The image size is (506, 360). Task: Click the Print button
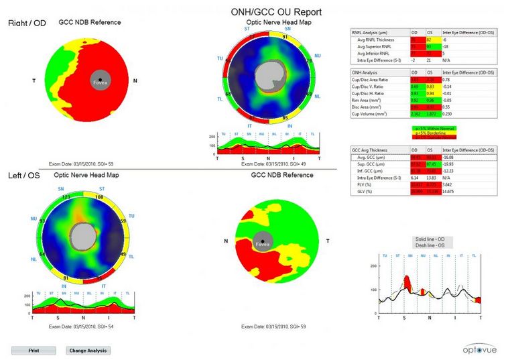pos(34,350)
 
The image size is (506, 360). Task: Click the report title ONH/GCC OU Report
pos(275,12)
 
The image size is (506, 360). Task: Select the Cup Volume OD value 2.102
pos(416,115)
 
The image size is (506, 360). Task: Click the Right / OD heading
pos(27,23)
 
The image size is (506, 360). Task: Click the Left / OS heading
pos(24,176)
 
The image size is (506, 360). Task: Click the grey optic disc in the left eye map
pos(84,236)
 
